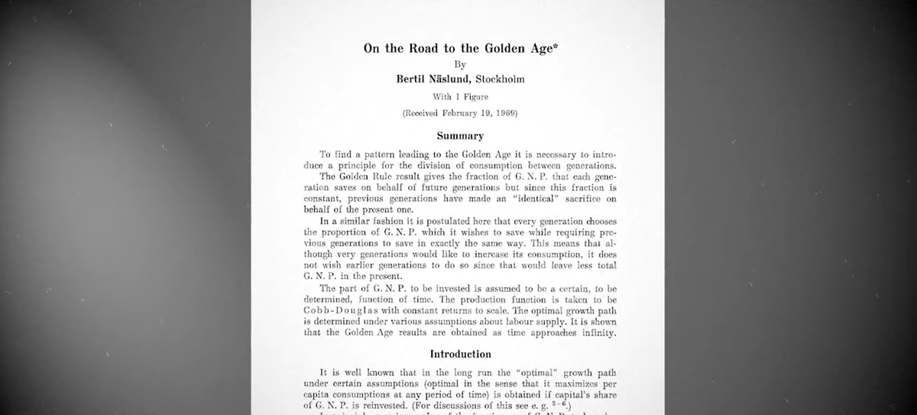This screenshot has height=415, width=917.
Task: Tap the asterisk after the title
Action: click(553, 46)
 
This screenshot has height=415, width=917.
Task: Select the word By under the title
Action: click(459, 65)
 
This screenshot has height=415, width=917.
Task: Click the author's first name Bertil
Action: click(414, 79)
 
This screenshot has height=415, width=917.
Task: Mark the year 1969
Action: click(502, 113)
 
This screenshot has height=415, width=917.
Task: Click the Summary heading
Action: click(460, 136)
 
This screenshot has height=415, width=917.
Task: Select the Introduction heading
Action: click(460, 355)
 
